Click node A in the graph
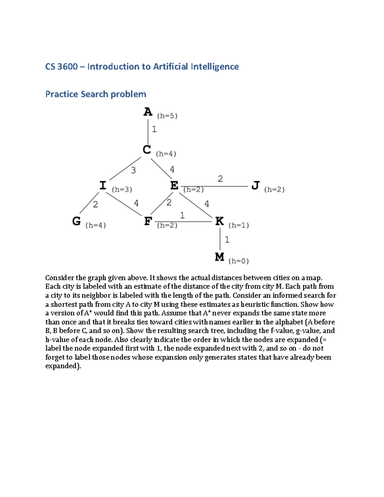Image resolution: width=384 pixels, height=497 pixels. click(148, 112)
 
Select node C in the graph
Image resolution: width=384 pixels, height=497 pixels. click(147, 150)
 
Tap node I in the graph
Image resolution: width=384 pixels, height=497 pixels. click(103, 185)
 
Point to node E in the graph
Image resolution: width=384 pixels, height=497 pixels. click(174, 185)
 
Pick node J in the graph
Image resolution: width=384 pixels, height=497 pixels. click(255, 185)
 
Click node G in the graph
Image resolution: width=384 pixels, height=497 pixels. click(76, 221)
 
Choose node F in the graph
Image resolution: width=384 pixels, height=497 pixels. click(148, 221)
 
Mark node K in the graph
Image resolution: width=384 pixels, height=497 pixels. click(220, 221)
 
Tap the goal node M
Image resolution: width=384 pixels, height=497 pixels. click(220, 257)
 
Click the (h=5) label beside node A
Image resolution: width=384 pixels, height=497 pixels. click(167, 116)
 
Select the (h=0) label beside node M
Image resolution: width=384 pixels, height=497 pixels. click(238, 261)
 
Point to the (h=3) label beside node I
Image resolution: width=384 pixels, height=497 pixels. click(122, 189)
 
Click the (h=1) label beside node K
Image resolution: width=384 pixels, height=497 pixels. click(238, 225)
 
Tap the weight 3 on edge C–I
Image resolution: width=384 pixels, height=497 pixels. click(133, 170)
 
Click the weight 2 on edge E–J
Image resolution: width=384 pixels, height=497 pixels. click(220, 179)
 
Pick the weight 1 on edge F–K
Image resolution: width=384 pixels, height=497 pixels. click(182, 215)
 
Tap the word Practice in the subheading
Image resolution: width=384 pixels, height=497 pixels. click(62, 94)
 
